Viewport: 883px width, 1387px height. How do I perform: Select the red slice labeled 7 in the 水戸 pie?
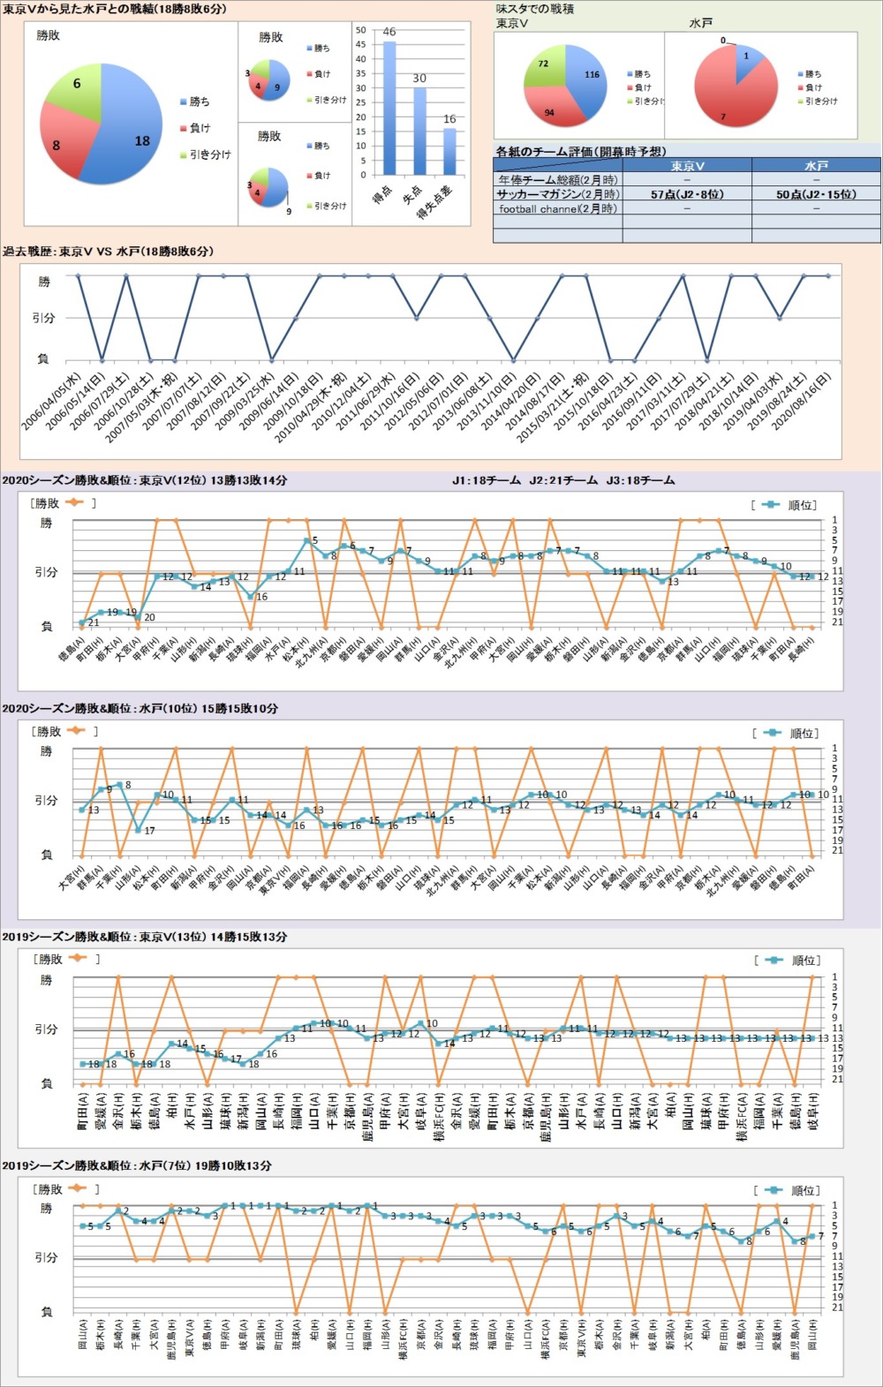click(728, 102)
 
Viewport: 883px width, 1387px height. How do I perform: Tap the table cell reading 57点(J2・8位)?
click(686, 194)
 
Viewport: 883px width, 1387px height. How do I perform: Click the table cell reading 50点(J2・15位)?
click(815, 194)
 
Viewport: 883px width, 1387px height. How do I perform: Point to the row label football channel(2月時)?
click(557, 209)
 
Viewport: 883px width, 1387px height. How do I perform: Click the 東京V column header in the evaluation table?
click(686, 166)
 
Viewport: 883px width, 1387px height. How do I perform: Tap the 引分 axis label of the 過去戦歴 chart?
click(44, 318)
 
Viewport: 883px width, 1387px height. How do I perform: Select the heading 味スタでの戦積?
click(535, 9)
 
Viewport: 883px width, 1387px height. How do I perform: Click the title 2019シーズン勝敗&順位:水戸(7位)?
click(137, 1165)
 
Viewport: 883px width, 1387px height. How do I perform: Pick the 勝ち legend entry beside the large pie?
click(200, 102)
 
